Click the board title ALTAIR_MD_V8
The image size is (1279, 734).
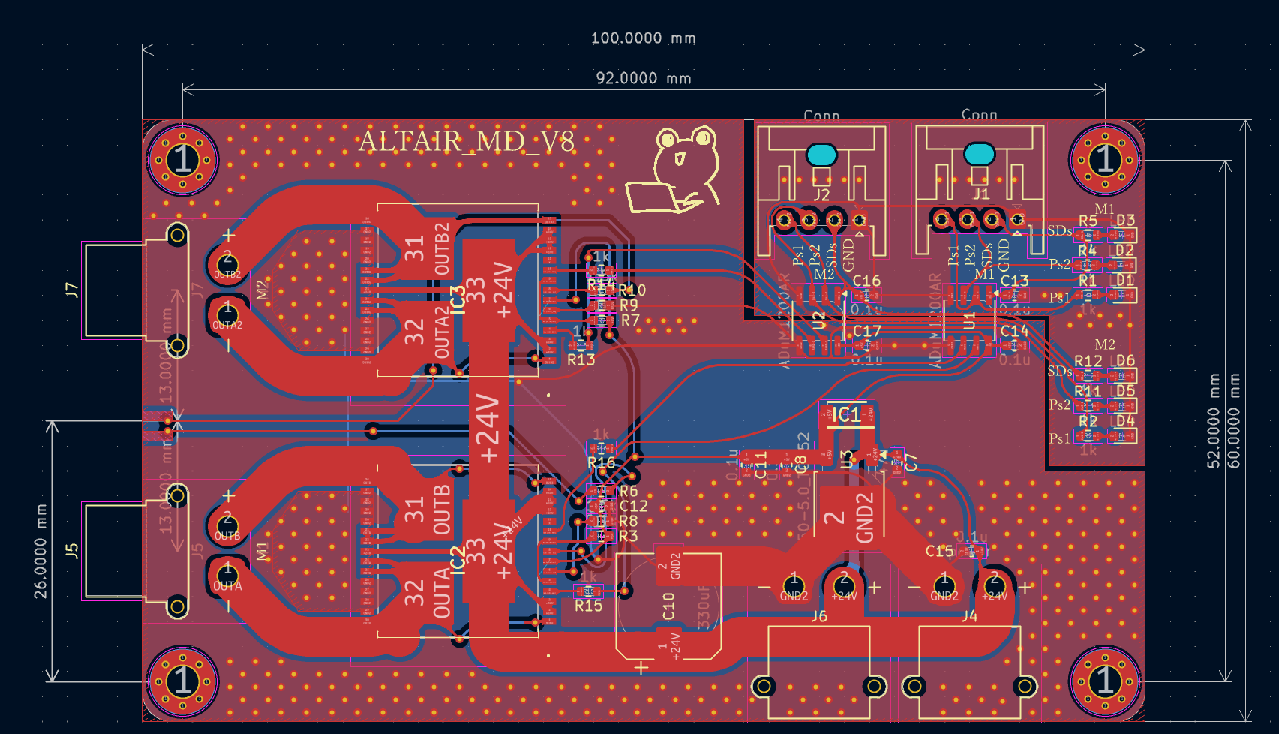point(467,141)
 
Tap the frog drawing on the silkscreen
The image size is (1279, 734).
point(679,171)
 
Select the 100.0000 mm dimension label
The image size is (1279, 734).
point(643,38)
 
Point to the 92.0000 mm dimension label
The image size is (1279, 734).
point(643,78)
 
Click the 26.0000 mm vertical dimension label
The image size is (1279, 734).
point(41,552)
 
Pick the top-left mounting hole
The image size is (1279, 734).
point(183,160)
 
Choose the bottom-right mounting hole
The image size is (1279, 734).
point(1105,681)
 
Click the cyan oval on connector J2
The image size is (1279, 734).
point(822,155)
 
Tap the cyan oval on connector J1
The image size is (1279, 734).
point(979,154)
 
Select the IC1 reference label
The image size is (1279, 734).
point(847,414)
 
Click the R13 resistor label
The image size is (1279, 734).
point(581,360)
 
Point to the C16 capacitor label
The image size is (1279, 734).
point(866,281)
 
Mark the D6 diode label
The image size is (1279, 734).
point(1125,361)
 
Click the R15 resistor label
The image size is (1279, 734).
point(588,606)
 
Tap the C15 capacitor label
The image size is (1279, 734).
point(939,552)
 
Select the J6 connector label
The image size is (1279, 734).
point(819,617)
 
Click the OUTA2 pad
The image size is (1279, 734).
point(227,315)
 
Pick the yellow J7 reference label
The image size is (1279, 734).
point(72,290)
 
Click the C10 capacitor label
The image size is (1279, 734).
point(668,606)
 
